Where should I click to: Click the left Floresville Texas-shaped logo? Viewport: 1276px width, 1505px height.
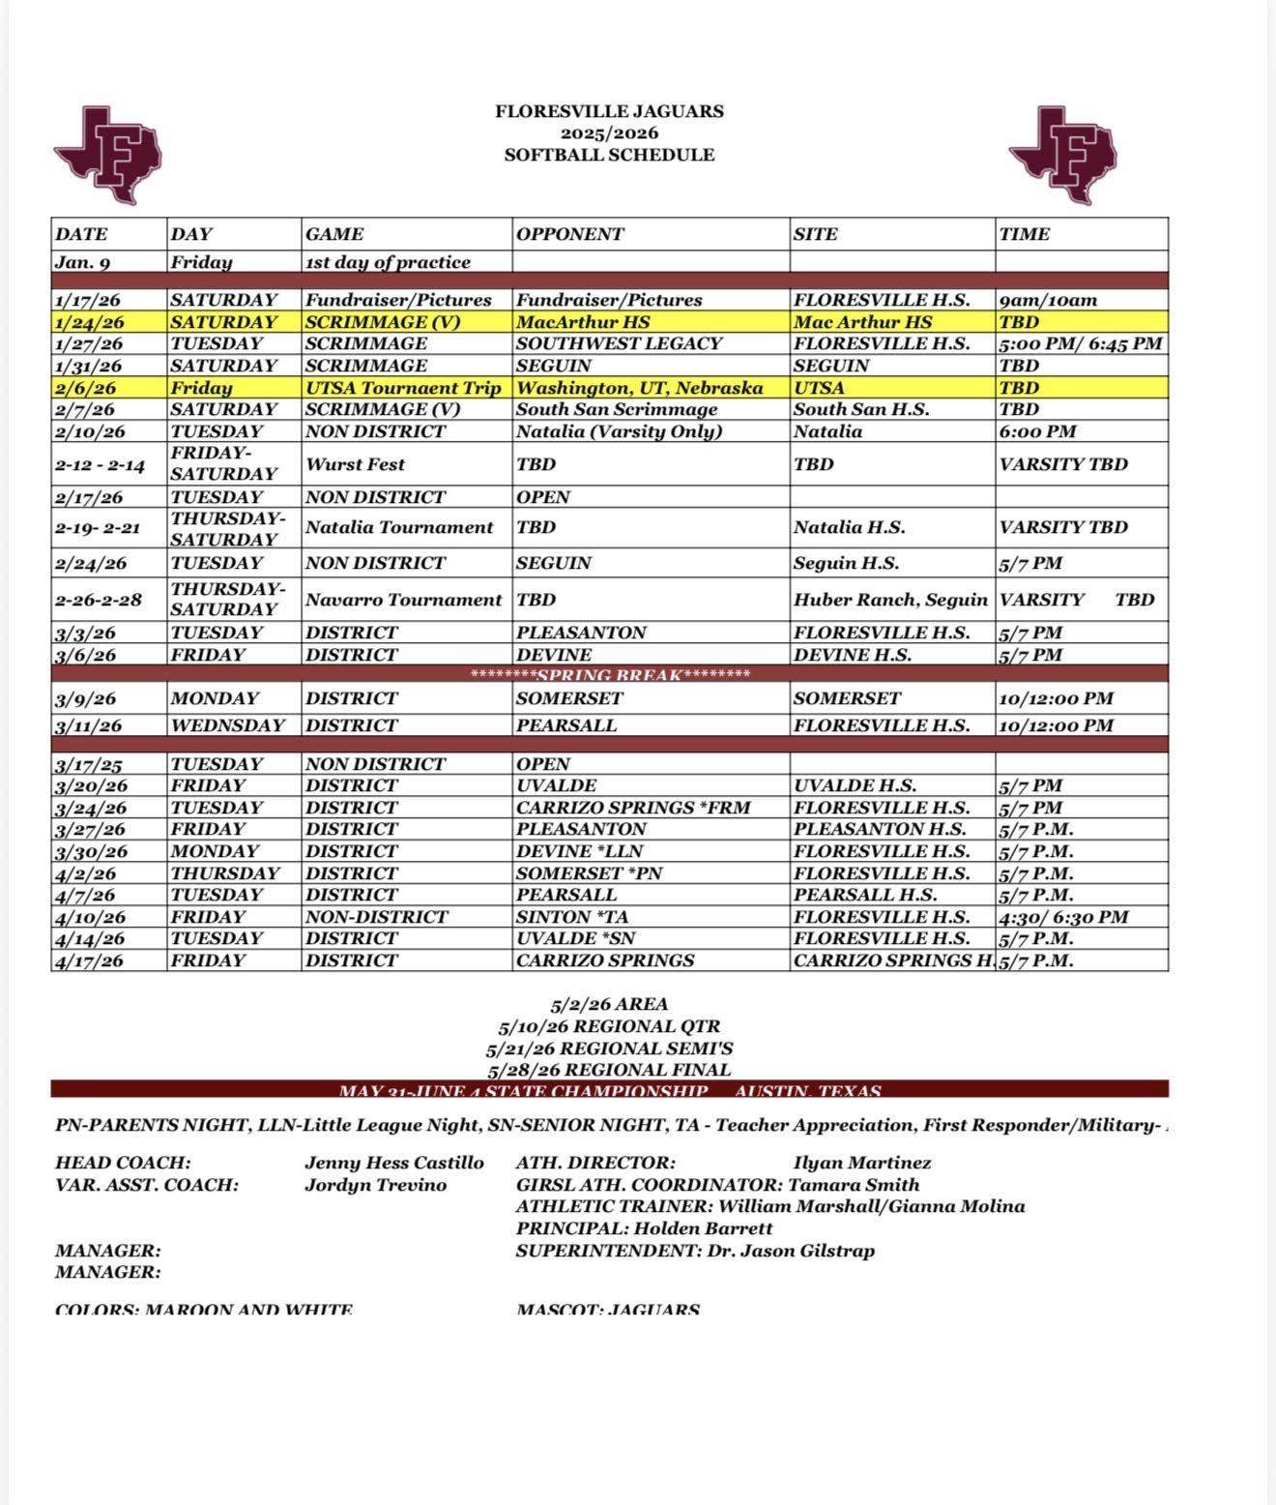107,155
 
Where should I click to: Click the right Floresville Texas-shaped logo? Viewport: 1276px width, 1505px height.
1062,155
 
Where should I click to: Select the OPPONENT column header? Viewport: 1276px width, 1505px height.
570,234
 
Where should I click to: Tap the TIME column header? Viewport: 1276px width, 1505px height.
1024,234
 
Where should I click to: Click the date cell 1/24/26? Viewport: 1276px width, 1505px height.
90,322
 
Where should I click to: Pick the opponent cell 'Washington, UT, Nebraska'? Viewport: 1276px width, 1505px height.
639,388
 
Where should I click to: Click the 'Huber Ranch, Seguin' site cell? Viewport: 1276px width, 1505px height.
890,600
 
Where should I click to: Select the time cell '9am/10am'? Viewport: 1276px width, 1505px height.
1048,300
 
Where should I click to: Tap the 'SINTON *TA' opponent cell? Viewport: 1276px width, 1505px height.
566,917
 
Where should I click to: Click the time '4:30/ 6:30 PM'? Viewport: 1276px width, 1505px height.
1063,917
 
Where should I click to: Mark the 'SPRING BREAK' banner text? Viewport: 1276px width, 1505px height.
609,674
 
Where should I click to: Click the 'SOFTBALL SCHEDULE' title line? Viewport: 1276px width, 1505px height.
609,155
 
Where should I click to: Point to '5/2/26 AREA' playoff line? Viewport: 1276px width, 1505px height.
609,1004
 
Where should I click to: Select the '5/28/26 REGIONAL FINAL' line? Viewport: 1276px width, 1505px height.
609,1070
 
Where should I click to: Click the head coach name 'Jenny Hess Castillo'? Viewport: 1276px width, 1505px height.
394,1163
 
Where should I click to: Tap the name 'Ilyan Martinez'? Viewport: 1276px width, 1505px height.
862,1163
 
